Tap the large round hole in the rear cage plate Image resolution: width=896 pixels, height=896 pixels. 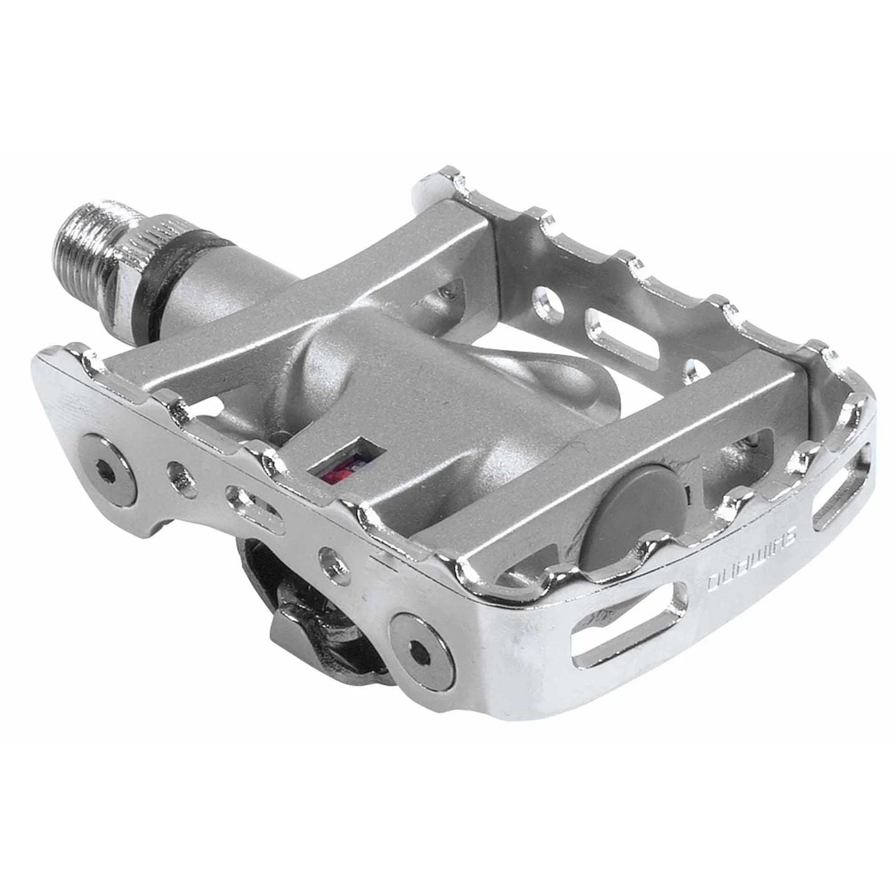point(548,304)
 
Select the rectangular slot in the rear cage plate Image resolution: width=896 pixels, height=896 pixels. point(619,340)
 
